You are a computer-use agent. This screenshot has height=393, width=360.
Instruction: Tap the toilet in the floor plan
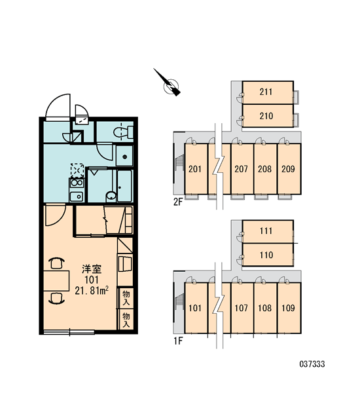pyautogui.click(x=123, y=132)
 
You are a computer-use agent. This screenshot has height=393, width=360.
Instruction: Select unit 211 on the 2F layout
pyautogui.click(x=268, y=92)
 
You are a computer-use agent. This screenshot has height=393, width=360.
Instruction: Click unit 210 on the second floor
pyautogui.click(x=268, y=116)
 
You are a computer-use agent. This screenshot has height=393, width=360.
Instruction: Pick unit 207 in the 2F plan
pyautogui.click(x=242, y=169)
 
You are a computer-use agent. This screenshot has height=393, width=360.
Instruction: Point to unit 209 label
pyautogui.click(x=288, y=169)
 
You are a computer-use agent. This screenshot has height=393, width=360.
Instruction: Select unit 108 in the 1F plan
pyautogui.click(x=265, y=308)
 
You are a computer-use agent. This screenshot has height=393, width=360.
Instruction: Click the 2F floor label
pyautogui.click(x=178, y=202)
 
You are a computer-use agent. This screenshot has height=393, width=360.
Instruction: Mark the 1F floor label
pyautogui.click(x=178, y=341)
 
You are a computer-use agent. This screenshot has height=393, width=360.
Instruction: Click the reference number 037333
pyautogui.click(x=312, y=364)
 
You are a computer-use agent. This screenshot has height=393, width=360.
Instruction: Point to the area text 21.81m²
pyautogui.click(x=92, y=290)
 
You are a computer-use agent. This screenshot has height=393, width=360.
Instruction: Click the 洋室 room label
pyautogui.click(x=92, y=269)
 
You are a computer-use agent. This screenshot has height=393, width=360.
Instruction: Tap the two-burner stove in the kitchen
pyautogui.click(x=77, y=183)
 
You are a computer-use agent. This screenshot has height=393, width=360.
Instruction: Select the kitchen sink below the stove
pyautogui.click(x=76, y=196)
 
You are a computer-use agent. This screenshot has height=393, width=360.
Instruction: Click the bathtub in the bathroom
pyautogui.click(x=124, y=186)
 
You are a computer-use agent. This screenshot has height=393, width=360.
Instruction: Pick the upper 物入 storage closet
pyautogui.click(x=126, y=298)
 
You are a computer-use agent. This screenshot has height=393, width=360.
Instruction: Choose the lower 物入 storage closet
pyautogui.click(x=126, y=320)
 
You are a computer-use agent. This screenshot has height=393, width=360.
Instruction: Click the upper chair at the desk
pyautogui.click(x=58, y=263)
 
